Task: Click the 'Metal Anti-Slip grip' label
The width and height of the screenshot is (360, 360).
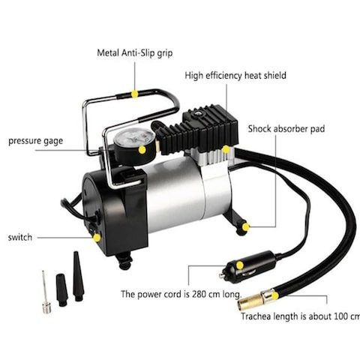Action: pos(135,53)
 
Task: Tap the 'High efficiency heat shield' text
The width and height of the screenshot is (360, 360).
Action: pos(235,75)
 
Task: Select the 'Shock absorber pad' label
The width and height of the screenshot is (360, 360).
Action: pos(286,129)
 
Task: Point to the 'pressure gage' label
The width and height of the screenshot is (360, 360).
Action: pos(35,141)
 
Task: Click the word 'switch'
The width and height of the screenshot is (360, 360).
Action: pos(20,237)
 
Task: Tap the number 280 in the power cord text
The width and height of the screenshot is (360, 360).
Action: pos(199,294)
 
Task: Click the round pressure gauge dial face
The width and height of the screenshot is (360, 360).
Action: pos(130,139)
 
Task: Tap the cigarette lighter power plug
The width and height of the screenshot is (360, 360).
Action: pos(247,266)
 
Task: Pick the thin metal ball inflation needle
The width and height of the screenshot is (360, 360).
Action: pos(46,292)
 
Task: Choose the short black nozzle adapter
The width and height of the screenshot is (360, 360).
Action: pos(61,290)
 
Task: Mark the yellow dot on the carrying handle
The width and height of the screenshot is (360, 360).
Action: pos(135,94)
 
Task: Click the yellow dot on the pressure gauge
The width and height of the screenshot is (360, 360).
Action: pos(142,150)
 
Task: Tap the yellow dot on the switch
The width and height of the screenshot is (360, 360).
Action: pos(97,238)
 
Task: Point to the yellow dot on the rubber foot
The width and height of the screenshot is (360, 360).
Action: pos(246,227)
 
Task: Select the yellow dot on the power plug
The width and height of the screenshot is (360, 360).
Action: pos(240,265)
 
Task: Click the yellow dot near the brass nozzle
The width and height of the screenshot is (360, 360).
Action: pos(275,296)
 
